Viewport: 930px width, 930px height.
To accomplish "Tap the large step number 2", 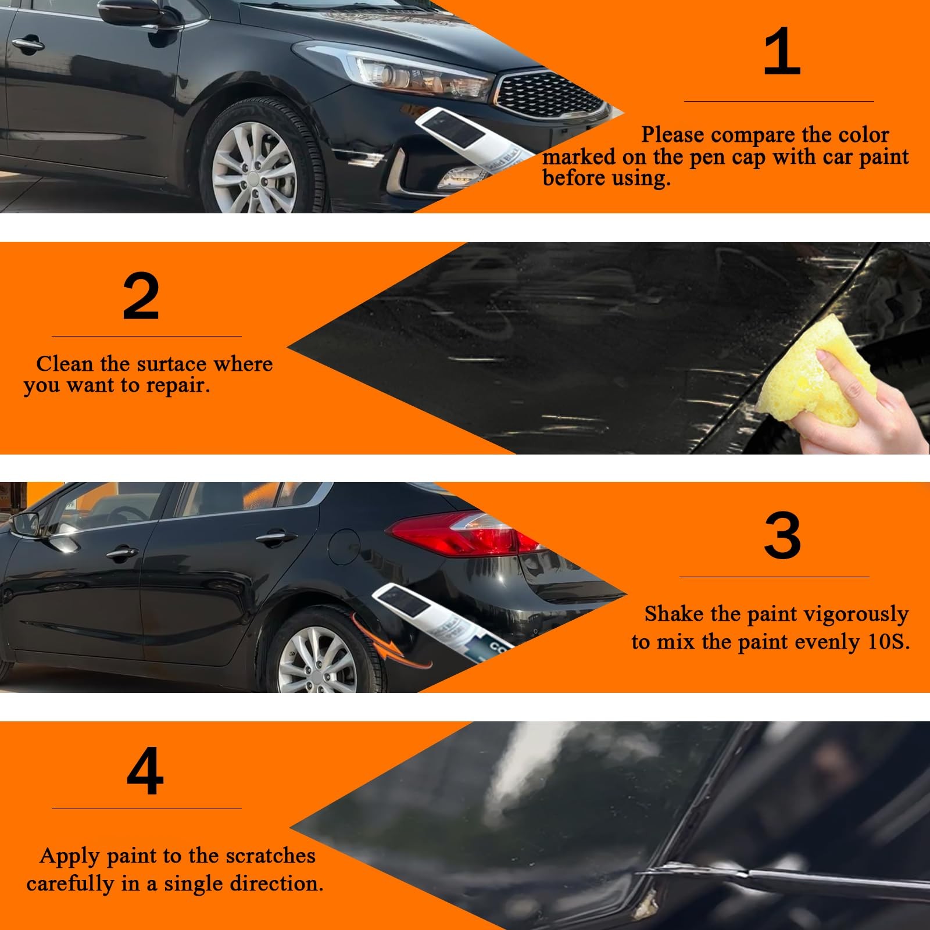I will [x=141, y=298].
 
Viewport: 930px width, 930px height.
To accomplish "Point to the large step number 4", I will [x=145, y=772].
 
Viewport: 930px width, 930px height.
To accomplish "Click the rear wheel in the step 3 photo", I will [x=320, y=657].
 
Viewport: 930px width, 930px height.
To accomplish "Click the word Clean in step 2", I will [x=65, y=364].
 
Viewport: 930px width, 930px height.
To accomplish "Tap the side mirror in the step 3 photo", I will [x=26, y=523].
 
